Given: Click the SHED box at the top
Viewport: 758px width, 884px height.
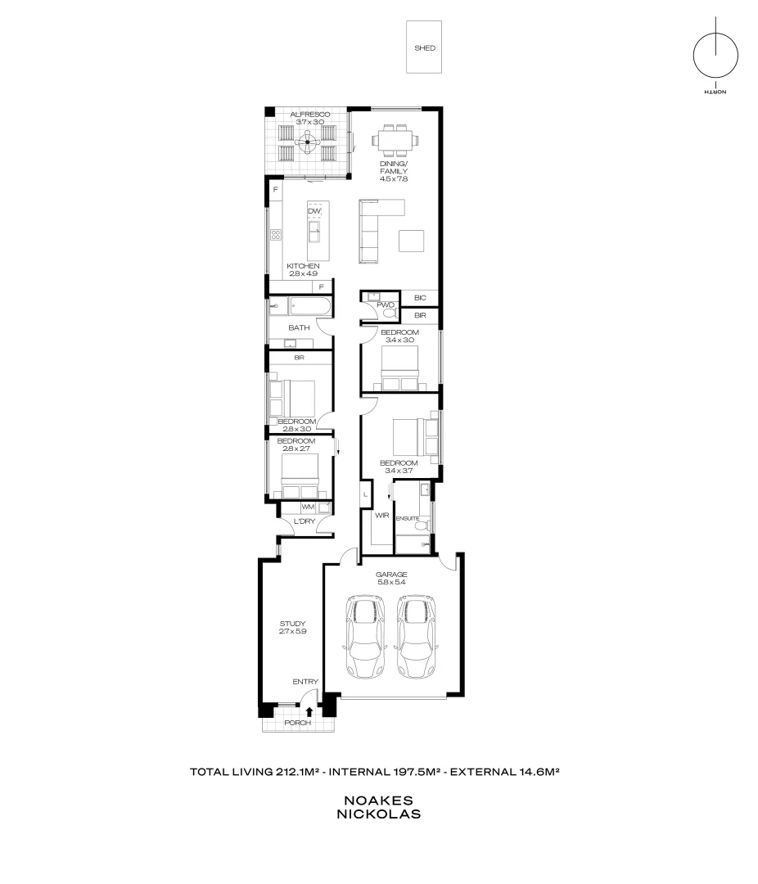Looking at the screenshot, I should (x=424, y=48).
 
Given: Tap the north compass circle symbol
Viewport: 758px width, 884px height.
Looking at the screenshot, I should (x=715, y=57).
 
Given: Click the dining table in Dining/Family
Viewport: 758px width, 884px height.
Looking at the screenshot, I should (x=394, y=139).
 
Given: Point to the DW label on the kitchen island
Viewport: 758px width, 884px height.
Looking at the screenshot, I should (x=314, y=212).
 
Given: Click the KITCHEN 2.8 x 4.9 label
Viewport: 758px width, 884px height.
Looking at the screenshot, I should (x=303, y=270).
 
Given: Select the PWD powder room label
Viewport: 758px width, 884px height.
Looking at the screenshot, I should (x=386, y=305).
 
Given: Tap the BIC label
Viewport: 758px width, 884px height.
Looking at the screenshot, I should (x=420, y=298).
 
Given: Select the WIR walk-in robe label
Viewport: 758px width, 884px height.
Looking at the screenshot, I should (x=381, y=516).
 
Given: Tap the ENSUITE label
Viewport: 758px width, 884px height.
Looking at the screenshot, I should (x=407, y=518).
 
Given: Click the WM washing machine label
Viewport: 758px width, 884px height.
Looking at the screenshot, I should (x=308, y=507).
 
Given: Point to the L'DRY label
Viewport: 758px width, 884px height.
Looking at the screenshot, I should (x=294, y=521).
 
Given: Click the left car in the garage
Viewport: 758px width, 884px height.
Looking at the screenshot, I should (x=366, y=636).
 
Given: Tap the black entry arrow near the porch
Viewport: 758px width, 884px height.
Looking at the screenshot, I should (x=309, y=713).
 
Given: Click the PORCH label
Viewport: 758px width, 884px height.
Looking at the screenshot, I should (x=297, y=724).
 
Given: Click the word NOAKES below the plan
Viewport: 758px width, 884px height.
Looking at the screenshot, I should (x=378, y=800).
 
